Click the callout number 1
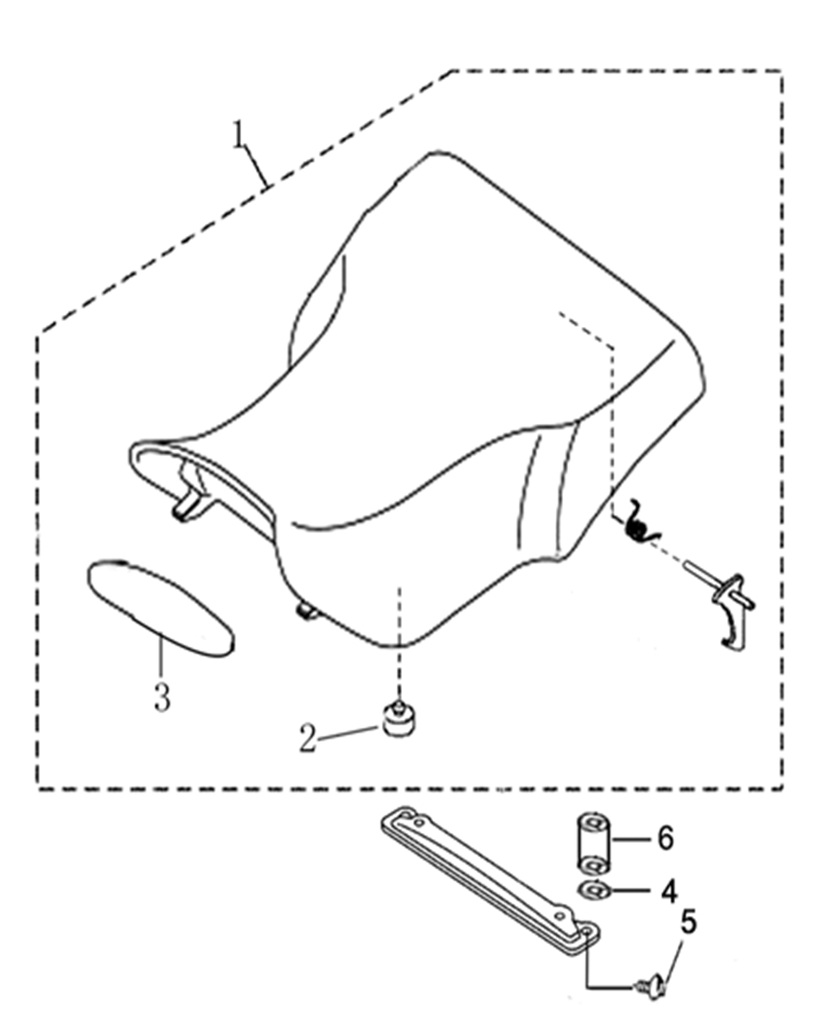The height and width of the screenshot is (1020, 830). tap(239, 134)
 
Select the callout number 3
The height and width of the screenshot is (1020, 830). tap(162, 697)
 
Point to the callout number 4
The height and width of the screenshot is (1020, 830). tap(669, 892)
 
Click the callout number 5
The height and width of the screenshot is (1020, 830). tap(688, 922)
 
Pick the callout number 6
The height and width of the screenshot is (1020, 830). tap(666, 838)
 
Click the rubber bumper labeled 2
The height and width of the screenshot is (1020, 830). tap(398, 720)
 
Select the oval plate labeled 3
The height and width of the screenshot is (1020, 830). tap(161, 607)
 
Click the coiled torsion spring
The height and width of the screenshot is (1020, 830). tap(642, 521)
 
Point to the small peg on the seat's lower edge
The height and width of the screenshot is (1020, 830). tap(305, 611)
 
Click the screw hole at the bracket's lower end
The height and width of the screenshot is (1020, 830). tap(585, 932)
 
